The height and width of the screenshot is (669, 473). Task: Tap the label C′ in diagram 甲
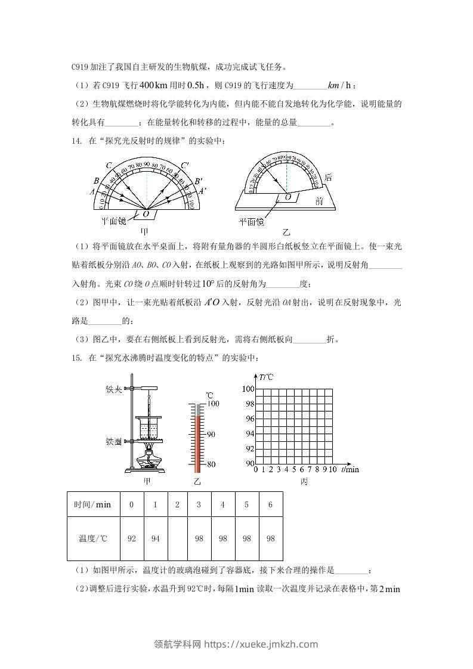coord(186,165)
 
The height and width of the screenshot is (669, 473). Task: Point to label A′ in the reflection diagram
coord(203,191)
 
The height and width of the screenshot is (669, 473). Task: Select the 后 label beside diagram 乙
coord(327,177)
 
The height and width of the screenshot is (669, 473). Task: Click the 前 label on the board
coord(319,202)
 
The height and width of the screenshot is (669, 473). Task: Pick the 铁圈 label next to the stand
coord(113,442)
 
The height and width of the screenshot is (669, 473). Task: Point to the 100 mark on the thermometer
coord(213,404)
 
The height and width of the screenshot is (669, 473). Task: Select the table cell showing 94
coord(155,538)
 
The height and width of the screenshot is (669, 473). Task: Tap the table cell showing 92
coord(132,538)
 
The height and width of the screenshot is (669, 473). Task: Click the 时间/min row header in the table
coord(92,504)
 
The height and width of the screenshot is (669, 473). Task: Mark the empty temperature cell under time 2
coord(177,538)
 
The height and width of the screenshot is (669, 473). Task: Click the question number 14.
coord(75,141)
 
